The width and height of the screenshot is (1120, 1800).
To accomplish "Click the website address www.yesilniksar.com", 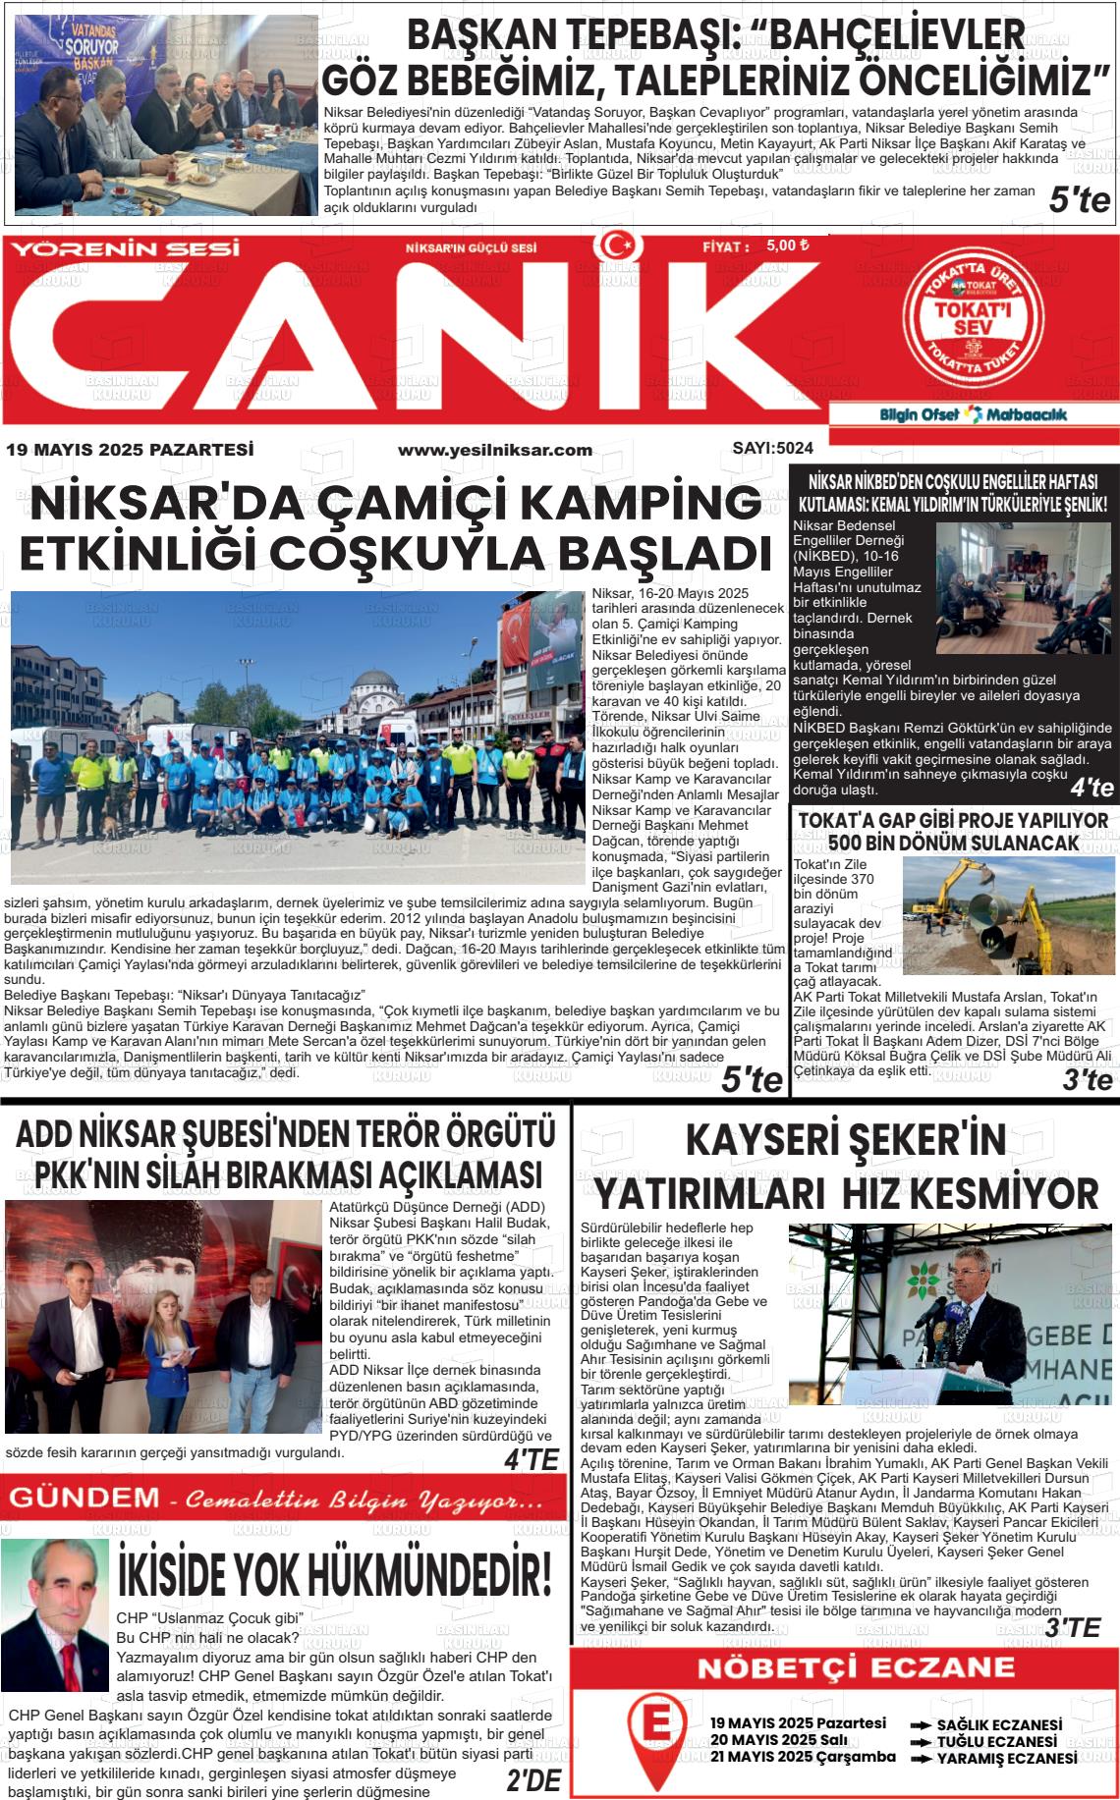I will [494, 450].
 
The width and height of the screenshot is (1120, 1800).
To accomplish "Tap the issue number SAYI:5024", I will [772, 449].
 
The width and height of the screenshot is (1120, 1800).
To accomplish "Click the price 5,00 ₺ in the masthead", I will [787, 246].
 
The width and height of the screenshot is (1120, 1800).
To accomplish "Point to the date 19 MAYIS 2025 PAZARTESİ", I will [130, 450].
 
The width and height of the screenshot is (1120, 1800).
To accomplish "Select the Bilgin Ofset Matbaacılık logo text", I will [973, 414].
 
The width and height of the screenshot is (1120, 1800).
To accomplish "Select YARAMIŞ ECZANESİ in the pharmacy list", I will [1006, 1759].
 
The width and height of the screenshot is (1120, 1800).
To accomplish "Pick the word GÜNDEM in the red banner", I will [84, 1499].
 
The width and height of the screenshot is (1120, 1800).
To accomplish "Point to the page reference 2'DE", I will [532, 1779].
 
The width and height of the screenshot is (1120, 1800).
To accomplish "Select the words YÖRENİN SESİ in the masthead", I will [125, 248].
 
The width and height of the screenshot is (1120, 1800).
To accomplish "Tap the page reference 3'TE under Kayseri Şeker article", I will [1072, 1627].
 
